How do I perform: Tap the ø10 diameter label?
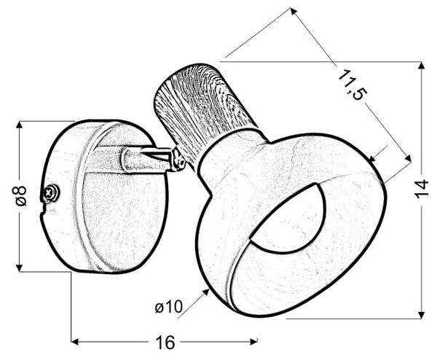tap(168, 308)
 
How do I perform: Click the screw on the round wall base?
tap(50, 192)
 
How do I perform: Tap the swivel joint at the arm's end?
tap(176, 160)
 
